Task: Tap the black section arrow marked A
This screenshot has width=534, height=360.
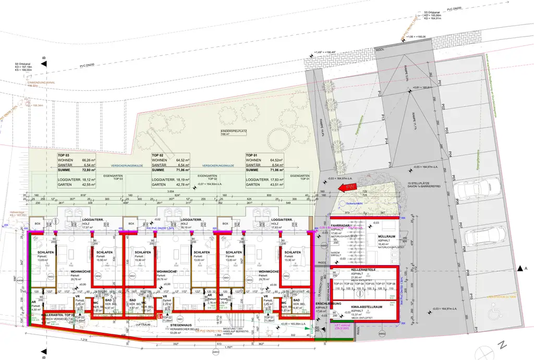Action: pos(521,268)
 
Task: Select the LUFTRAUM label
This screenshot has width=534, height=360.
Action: pos(143,325)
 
